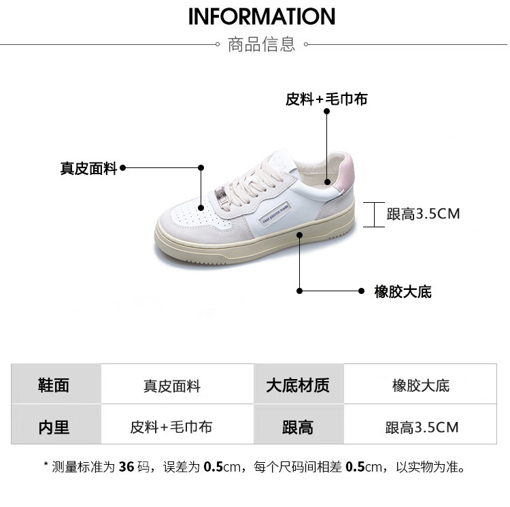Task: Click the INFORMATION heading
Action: pos(262,16)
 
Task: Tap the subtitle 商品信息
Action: pos(262,45)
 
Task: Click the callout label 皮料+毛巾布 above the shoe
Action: pos(326,99)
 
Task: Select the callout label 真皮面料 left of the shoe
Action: pos(89,169)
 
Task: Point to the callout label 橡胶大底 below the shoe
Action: pos(403,293)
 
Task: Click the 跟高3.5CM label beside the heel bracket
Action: pos(423,214)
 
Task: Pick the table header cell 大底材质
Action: pos(297,385)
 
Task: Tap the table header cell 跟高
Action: pos(297,427)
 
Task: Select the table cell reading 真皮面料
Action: pos(171,386)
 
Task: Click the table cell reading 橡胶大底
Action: pos(421,386)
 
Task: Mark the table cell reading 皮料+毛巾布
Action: pos(171,427)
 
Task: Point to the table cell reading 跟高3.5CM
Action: pos(422,427)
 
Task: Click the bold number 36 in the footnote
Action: pos(126,467)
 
